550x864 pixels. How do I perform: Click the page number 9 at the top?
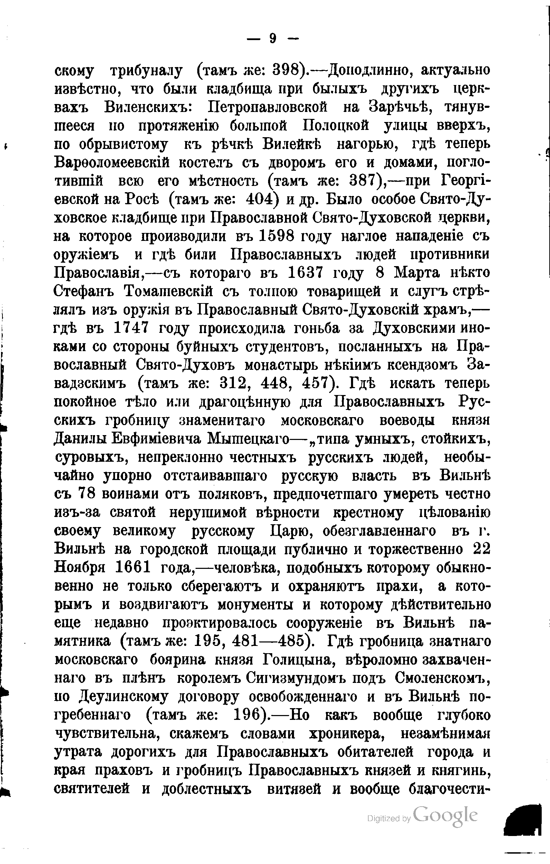tap(273, 38)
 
